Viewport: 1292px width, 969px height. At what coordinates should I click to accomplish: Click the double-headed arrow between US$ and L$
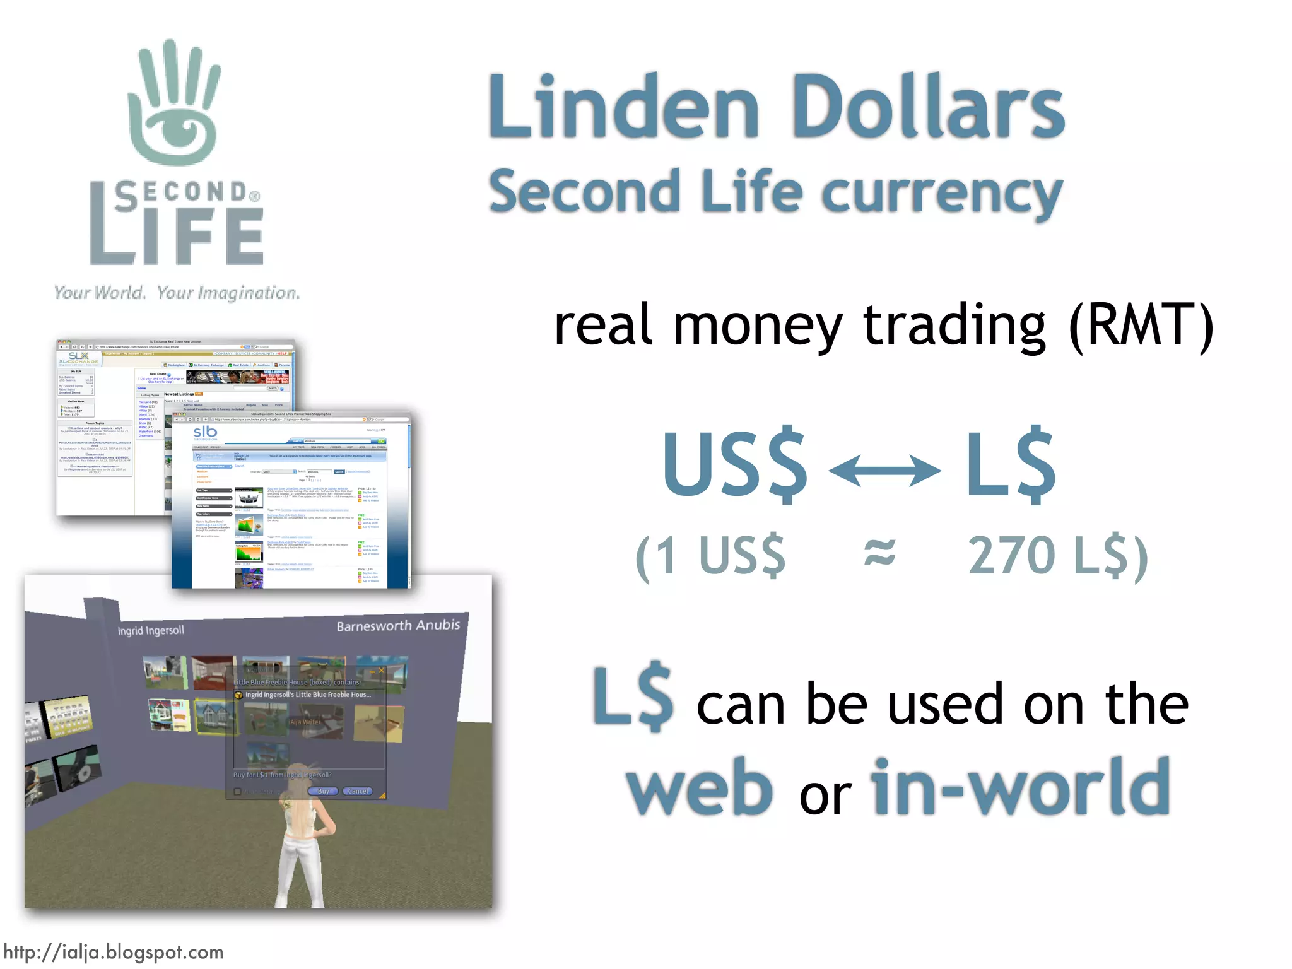884,471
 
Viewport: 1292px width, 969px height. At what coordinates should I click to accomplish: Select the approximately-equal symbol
879,553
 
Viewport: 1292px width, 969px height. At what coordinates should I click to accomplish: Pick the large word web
699,789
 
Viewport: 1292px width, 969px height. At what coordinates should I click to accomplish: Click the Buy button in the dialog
323,791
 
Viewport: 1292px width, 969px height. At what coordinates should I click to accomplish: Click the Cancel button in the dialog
358,791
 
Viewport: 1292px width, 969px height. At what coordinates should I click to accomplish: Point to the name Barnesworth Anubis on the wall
398,625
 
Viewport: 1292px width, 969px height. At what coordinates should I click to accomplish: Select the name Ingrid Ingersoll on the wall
151,630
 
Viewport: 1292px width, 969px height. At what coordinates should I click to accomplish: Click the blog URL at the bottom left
114,952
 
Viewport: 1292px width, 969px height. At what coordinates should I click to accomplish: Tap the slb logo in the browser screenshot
205,433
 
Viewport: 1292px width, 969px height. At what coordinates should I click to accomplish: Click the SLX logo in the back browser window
78,356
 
